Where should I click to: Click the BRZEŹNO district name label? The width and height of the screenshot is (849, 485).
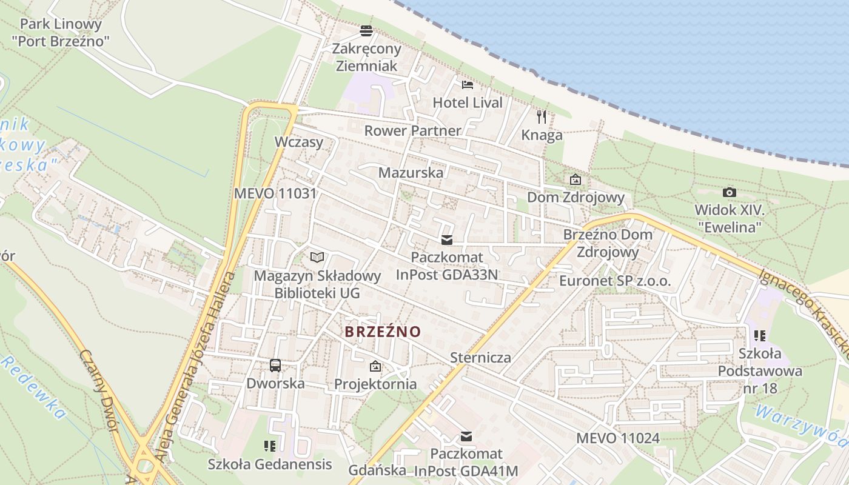tap(383, 332)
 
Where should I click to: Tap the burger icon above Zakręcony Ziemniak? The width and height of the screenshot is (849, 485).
tap(366, 30)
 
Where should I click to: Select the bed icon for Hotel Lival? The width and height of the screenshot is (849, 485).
tap(467, 84)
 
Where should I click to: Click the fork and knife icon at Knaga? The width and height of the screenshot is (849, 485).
tap(542, 116)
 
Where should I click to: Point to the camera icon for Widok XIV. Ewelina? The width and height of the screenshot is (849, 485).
tap(729, 193)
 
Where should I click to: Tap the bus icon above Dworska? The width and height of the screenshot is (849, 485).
tap(275, 365)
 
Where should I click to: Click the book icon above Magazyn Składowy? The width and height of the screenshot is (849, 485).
tap(317, 257)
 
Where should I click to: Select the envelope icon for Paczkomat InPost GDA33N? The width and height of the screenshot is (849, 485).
tap(447, 240)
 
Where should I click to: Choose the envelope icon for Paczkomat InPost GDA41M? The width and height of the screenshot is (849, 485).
tap(466, 436)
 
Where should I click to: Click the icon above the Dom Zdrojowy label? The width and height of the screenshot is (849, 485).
tap(575, 179)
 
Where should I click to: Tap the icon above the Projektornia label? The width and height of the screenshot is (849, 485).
tap(375, 366)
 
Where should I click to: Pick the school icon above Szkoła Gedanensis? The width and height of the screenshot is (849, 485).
tap(270, 446)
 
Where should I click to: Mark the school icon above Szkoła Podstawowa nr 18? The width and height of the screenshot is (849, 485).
tap(759, 335)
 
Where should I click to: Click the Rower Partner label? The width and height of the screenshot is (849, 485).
tap(412, 130)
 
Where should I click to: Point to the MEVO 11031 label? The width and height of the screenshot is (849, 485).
tap(276, 193)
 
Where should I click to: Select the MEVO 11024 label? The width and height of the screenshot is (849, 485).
tap(617, 438)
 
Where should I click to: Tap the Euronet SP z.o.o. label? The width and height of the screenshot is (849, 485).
tap(615, 281)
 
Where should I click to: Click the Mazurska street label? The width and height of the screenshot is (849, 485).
tap(411, 172)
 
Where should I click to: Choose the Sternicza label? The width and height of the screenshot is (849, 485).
tap(480, 357)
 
